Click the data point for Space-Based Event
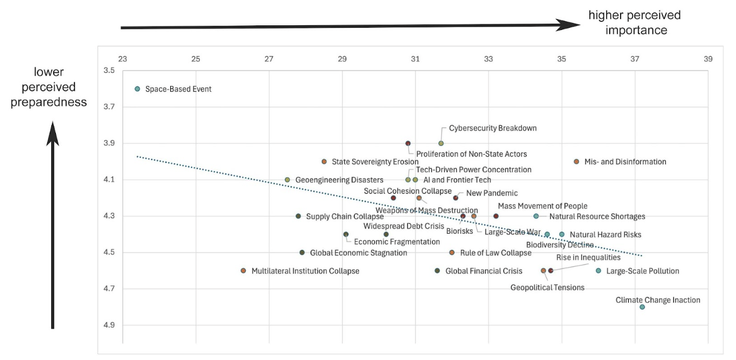coord(137,89)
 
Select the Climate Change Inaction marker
coord(642,307)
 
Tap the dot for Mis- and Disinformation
coord(576,162)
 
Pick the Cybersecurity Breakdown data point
coord(441,143)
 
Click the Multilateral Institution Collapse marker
coord(243,271)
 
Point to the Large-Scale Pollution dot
coord(598,271)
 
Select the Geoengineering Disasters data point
coord(287,180)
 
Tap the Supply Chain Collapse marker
coord(298,216)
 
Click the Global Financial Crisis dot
coord(437,271)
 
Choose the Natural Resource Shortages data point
coord(536,216)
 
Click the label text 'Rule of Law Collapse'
coord(495,253)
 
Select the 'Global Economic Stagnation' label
coord(358,253)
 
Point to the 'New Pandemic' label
coord(491,193)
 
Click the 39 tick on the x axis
coord(708,59)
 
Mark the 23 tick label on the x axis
coord(122,59)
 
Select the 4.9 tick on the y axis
coord(108,325)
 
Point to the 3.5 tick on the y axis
coord(108,70)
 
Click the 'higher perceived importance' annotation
coord(634,22)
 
